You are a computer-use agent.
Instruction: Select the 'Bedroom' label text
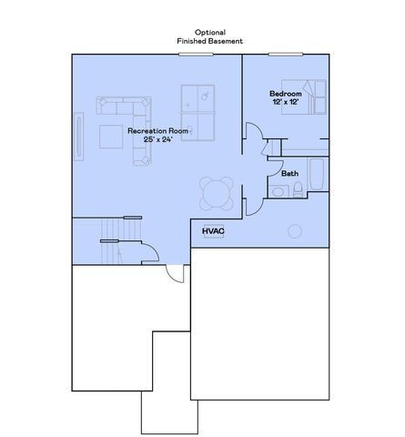(x=285, y=94)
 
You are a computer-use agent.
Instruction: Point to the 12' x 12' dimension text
(x=285, y=102)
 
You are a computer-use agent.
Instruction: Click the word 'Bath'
(x=289, y=172)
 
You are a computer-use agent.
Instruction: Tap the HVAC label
(x=213, y=231)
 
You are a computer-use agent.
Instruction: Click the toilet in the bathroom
(x=299, y=189)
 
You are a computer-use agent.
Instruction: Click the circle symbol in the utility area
(x=294, y=229)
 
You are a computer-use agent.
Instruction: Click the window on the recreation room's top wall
(x=195, y=55)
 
